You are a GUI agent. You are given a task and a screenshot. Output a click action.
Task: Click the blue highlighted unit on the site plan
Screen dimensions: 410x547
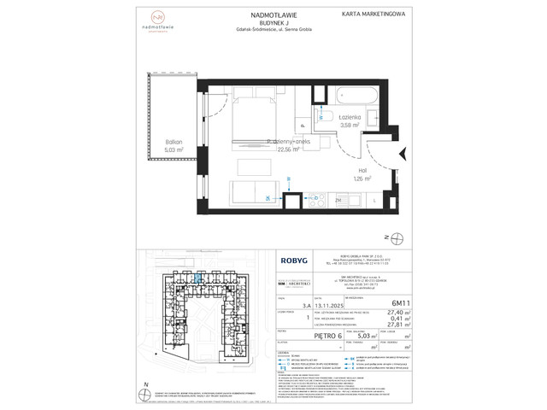[x=198, y=276]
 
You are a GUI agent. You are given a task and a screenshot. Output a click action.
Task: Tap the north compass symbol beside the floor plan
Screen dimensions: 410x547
[x=390, y=236]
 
